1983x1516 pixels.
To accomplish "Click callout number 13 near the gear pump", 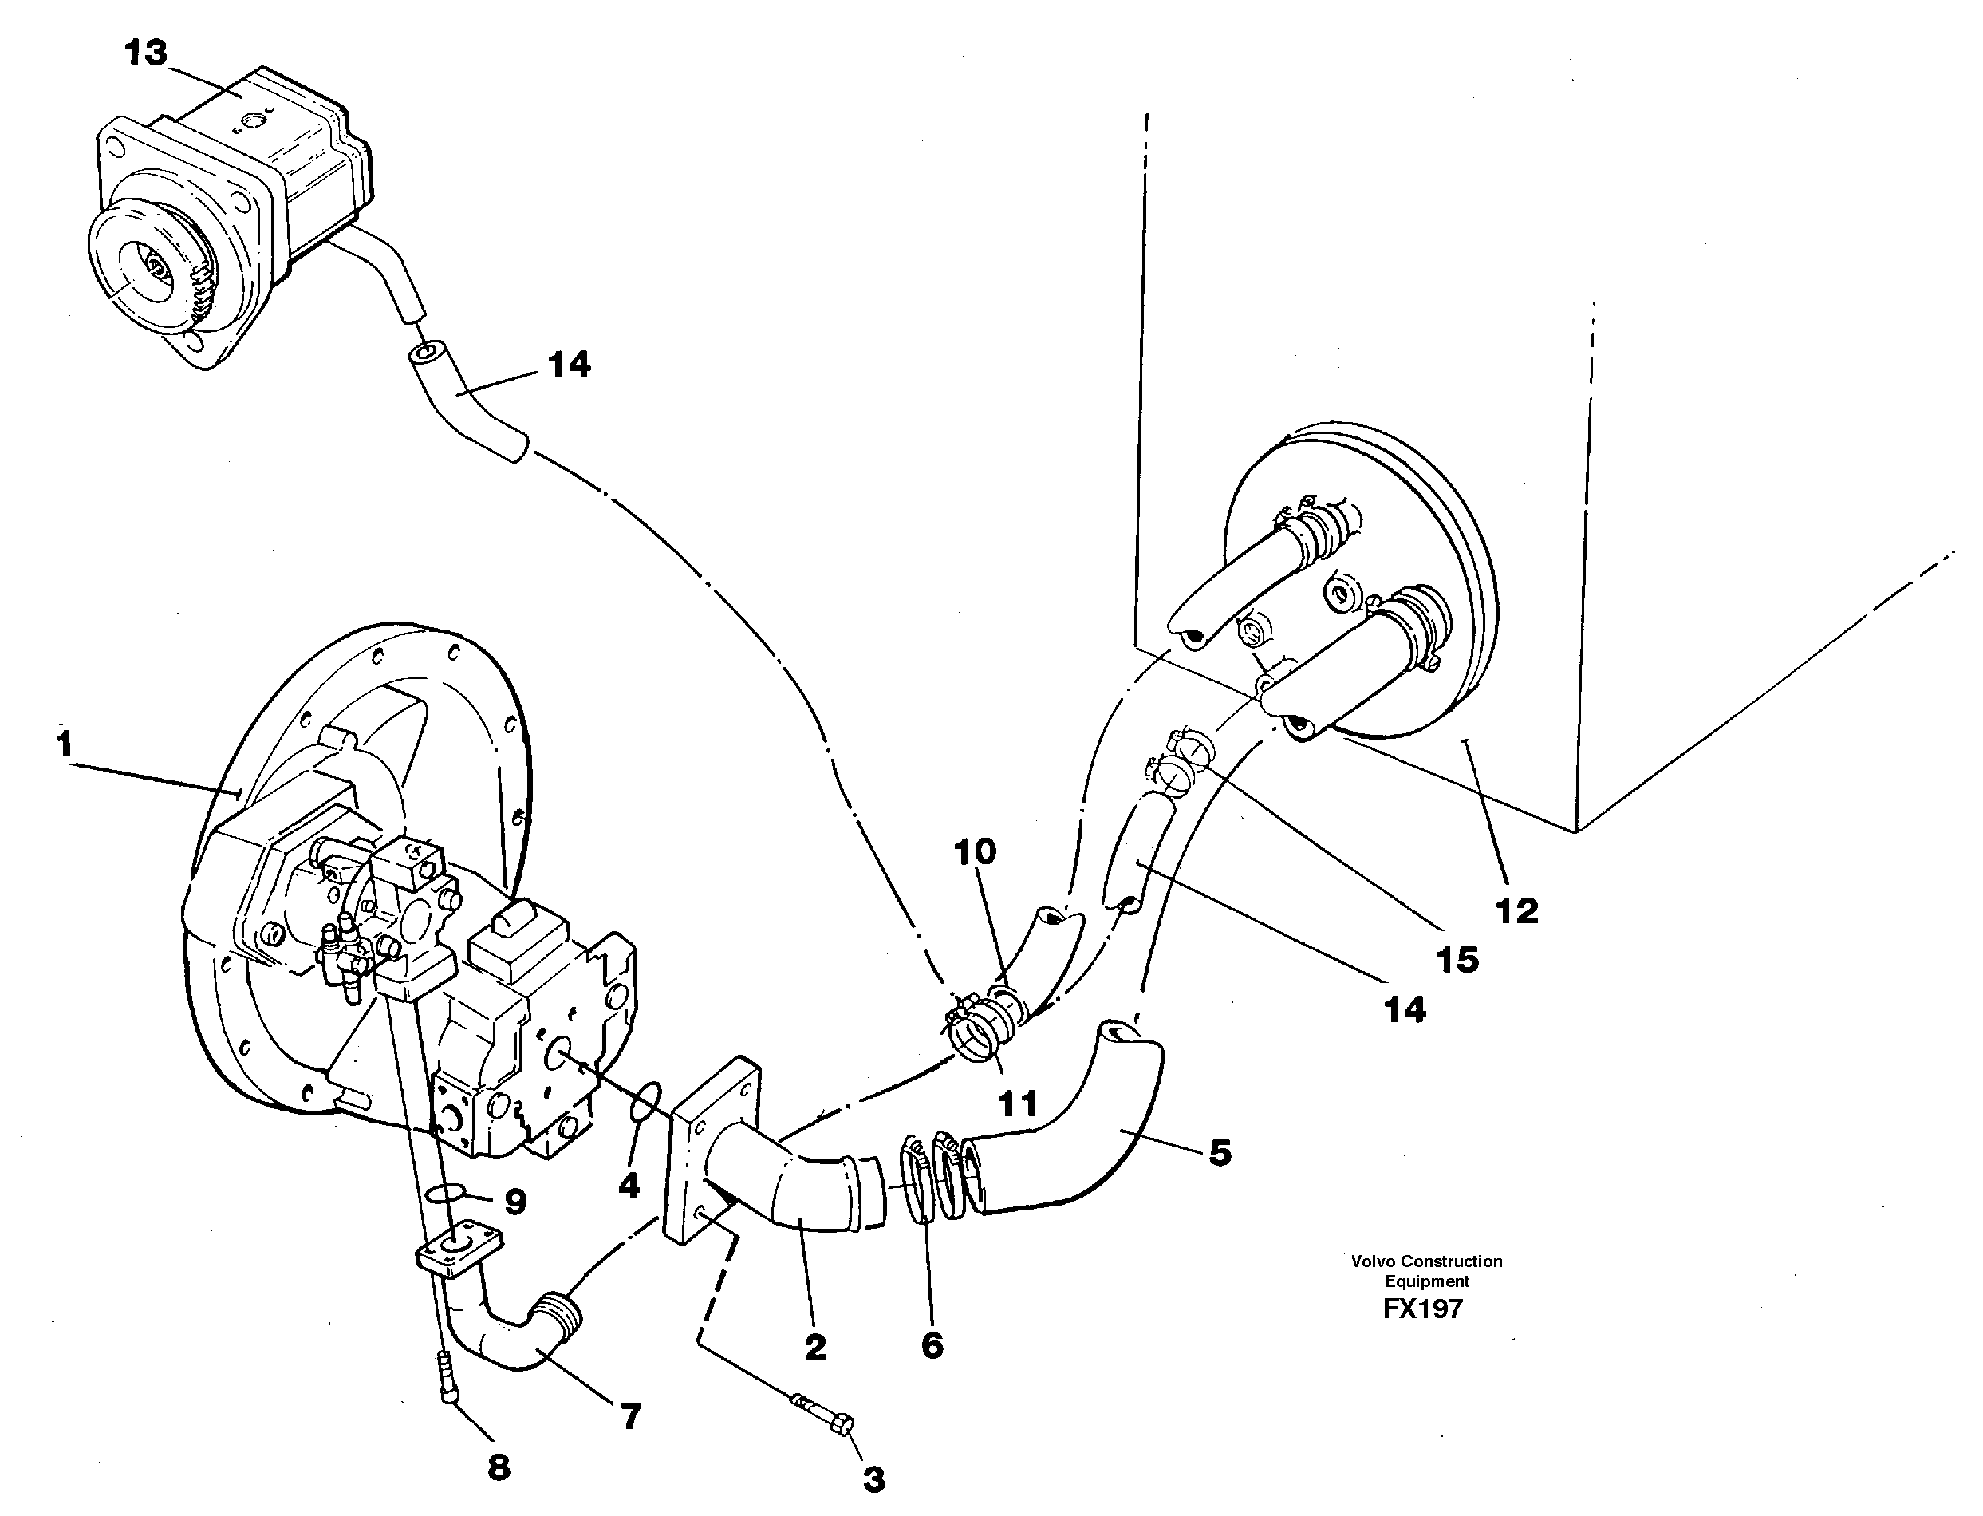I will [146, 53].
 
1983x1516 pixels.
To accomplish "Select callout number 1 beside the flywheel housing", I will [63, 745].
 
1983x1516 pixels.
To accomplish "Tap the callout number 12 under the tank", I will [1516, 910].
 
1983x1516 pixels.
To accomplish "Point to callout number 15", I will [1457, 959].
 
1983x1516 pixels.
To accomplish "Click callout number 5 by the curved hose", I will [1220, 1152].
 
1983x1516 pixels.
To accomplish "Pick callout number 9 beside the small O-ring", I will [515, 1201].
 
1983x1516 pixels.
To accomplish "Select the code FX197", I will [1423, 1309].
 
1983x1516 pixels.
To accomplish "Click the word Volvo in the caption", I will [1370, 1261].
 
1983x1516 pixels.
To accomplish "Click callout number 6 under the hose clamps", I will [932, 1345].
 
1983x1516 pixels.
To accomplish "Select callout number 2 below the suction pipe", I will [814, 1348].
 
